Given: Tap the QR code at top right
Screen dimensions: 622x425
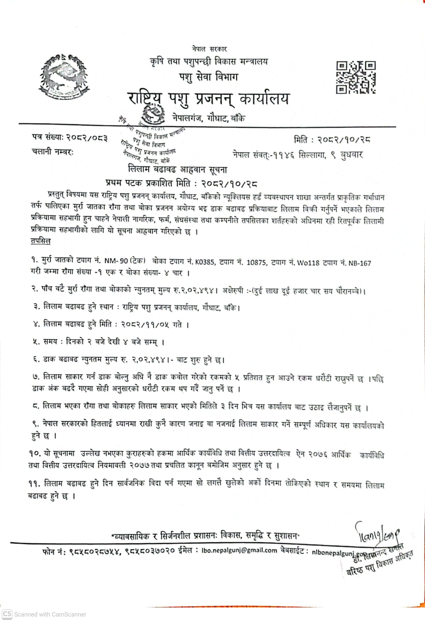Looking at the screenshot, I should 356,77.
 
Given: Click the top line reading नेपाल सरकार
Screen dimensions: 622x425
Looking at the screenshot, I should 209,49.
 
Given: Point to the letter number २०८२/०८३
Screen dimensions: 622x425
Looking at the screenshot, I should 87,138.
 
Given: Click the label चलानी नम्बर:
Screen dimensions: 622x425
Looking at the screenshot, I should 52,152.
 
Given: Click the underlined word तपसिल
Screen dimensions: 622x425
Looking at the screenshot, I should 40,241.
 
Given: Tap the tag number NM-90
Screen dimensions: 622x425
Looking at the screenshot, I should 116,261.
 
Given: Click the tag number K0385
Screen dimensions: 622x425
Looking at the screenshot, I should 205,262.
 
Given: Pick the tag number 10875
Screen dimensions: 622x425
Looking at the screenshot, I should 256,263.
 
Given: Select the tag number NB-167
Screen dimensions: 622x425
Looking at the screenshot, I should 360,263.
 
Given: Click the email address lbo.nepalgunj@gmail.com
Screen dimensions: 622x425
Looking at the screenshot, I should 239,550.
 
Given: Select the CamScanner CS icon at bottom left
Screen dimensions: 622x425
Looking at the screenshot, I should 7,614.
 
